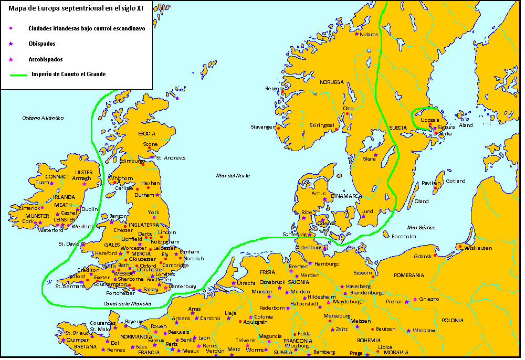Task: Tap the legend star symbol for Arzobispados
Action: click(x=10, y=59)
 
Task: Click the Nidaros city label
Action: click(x=369, y=34)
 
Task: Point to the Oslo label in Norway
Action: click(x=348, y=109)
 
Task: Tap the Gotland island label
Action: click(x=455, y=181)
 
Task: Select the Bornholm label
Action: click(x=404, y=237)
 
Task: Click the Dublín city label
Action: click(x=90, y=209)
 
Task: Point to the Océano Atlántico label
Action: click(x=43, y=118)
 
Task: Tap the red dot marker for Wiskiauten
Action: click(x=460, y=246)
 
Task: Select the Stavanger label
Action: click(x=262, y=127)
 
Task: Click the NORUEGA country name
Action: click(x=332, y=82)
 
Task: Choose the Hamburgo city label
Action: click(x=327, y=263)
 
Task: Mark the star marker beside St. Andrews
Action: click(x=153, y=157)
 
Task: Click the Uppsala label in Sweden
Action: click(x=430, y=120)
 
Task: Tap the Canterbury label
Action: click(x=182, y=287)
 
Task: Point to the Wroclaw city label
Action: click(x=424, y=331)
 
